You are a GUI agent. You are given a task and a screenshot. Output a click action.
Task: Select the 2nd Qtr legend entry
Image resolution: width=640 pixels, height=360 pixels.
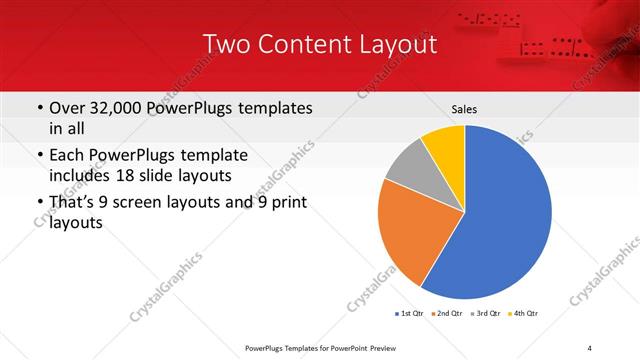(447, 313)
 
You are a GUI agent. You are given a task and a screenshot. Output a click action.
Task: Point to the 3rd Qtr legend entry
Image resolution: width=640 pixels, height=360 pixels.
(486, 313)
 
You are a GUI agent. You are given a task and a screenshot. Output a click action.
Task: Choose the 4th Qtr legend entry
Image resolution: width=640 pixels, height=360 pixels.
(525, 313)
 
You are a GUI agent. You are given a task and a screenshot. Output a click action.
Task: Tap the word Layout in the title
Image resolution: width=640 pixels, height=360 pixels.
(400, 45)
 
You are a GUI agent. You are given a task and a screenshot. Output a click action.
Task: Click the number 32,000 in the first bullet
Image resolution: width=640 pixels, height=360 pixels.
(120, 107)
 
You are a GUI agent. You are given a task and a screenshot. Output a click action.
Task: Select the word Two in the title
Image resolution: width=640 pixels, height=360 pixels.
(226, 45)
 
